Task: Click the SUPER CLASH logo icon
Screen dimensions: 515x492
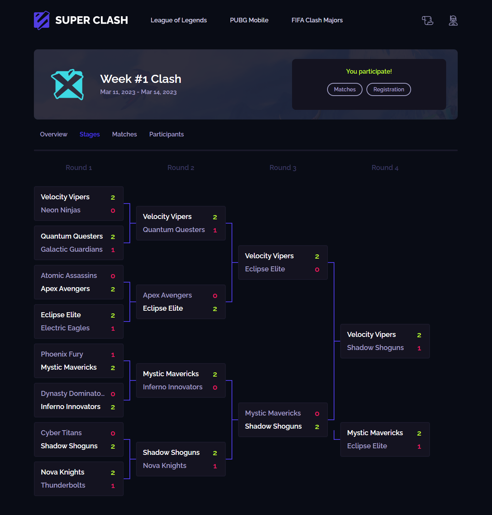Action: pos(42,20)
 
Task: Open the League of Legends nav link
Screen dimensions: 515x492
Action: pos(178,20)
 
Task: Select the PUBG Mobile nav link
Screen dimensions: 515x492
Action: pos(249,20)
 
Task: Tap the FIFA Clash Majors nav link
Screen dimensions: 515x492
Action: pos(317,20)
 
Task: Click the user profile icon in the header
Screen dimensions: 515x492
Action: pos(453,20)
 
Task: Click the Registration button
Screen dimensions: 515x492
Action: pos(388,89)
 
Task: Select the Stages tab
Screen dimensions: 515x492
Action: pos(89,134)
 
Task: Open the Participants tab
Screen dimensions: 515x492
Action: pos(166,134)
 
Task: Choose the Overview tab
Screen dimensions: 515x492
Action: pos(54,134)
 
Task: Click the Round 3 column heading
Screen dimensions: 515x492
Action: pos(283,168)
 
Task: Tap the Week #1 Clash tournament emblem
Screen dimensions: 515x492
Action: pos(67,84)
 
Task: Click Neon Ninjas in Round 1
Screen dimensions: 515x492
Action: pos(60,210)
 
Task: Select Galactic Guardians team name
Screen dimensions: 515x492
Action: pos(72,249)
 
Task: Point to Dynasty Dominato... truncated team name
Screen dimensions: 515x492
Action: pos(72,394)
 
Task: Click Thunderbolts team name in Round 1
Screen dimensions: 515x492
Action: pos(63,485)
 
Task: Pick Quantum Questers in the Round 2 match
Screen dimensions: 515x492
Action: pos(174,230)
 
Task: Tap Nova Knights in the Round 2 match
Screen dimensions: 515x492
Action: pos(165,466)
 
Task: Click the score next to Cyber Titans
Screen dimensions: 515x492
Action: pos(113,433)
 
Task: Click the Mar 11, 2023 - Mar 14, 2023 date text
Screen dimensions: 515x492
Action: pos(138,92)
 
